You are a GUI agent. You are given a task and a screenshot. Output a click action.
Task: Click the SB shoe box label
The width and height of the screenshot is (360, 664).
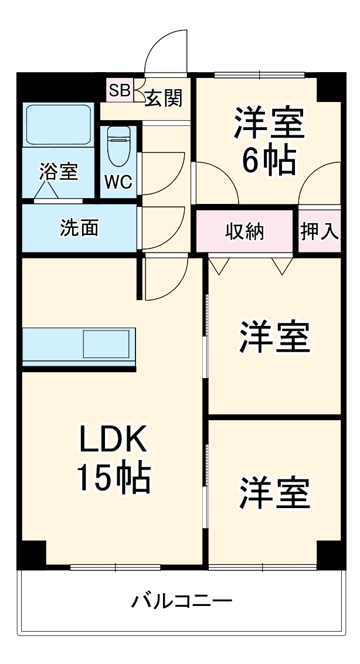click(120, 90)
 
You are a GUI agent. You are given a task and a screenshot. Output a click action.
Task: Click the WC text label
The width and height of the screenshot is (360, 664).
click(118, 182)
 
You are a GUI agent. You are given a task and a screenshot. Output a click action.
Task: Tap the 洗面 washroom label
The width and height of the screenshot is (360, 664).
click(79, 228)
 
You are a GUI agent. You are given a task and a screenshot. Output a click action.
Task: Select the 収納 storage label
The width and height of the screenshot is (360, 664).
click(245, 231)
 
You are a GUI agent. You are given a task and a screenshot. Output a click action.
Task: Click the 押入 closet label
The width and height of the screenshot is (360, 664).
click(320, 231)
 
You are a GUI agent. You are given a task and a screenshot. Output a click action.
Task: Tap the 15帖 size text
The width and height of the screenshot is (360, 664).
click(114, 479)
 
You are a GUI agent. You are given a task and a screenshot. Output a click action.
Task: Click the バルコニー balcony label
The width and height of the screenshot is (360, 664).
click(181, 601)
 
